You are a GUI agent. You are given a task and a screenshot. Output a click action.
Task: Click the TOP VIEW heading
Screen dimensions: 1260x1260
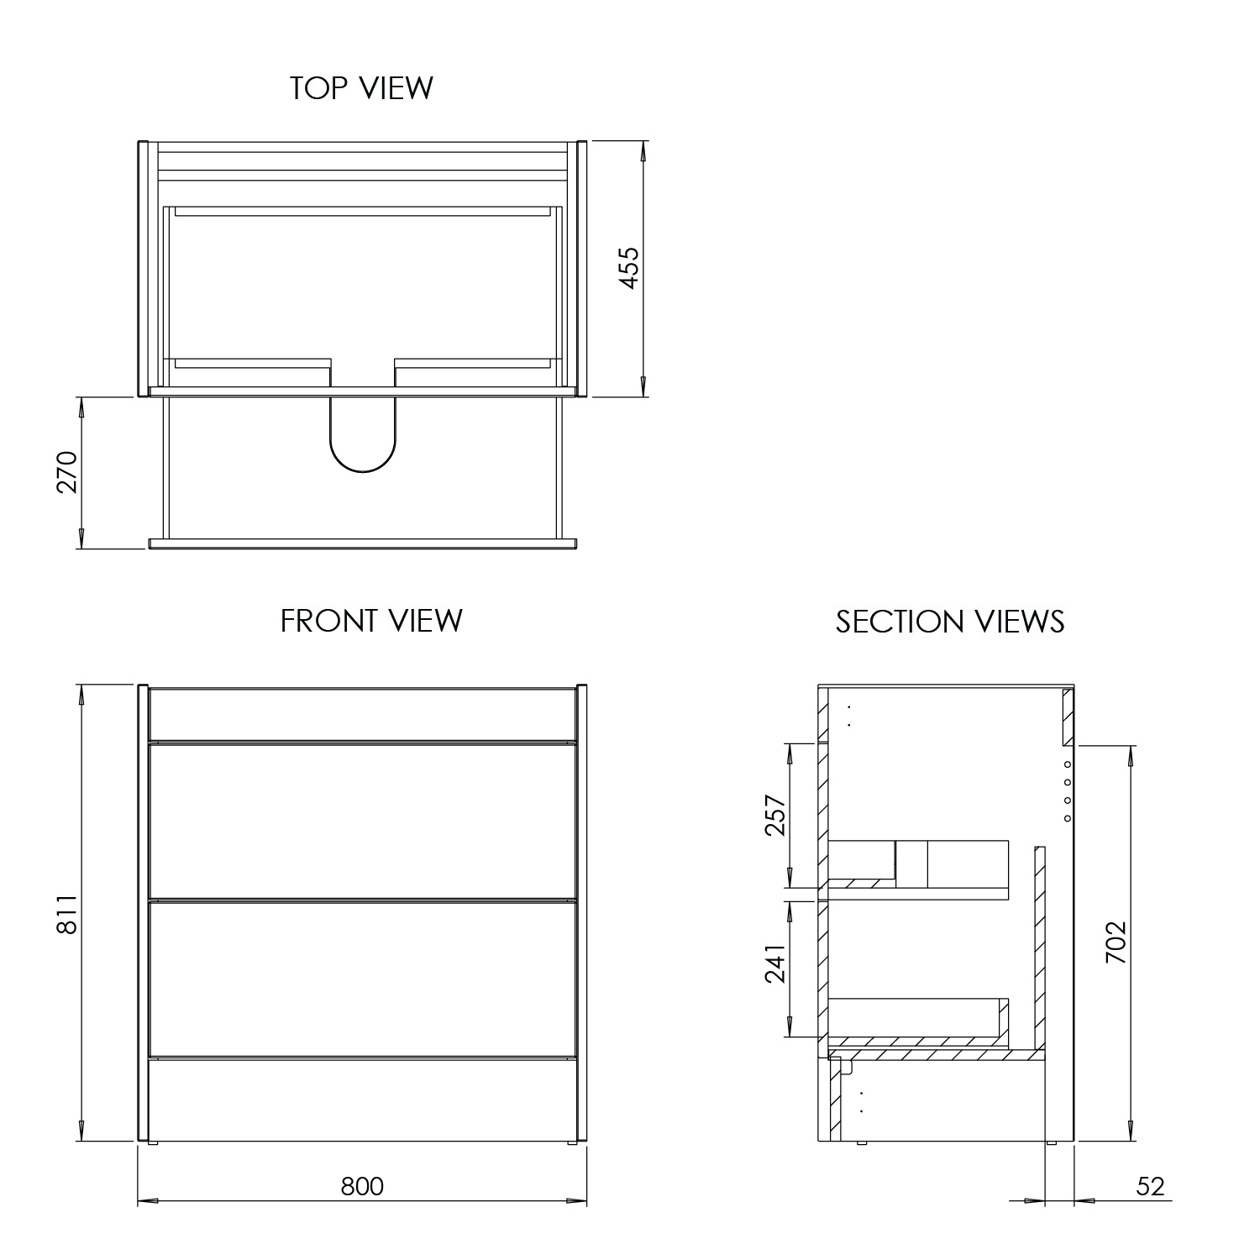361,88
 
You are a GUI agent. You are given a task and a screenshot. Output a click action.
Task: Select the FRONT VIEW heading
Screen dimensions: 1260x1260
371,621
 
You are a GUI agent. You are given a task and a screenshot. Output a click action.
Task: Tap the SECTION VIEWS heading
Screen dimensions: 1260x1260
949,622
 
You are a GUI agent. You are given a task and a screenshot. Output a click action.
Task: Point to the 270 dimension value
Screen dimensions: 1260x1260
66,472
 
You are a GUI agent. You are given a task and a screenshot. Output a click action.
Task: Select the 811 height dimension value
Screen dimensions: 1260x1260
66,915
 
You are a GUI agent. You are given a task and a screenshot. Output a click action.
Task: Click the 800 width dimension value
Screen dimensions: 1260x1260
362,1186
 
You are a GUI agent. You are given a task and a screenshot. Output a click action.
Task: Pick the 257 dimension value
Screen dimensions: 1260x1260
775,816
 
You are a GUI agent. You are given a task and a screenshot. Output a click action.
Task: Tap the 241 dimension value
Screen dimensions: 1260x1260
775,963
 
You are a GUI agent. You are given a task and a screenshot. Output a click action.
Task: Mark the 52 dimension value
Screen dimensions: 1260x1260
1150,1186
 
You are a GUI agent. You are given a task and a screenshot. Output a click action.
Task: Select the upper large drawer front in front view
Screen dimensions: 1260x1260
362,821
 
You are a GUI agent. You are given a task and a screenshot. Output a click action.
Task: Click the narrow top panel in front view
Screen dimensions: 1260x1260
362,714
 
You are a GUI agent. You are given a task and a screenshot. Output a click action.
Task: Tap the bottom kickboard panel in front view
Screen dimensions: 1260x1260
362,1099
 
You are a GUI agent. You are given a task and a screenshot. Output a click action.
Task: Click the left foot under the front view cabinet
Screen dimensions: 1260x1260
152,1143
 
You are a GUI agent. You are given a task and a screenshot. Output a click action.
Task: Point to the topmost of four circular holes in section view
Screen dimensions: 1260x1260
1067,764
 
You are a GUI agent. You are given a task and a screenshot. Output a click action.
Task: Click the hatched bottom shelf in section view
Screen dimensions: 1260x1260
932,1054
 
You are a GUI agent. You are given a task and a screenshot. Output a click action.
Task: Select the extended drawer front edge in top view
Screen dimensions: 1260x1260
362,543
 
